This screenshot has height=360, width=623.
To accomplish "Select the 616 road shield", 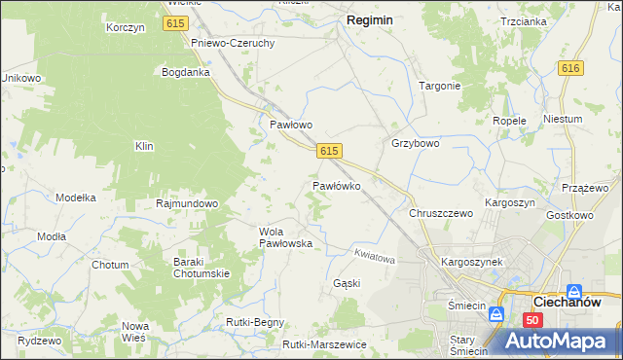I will pos(570,67).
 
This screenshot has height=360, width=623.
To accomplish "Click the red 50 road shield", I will pos(531,319).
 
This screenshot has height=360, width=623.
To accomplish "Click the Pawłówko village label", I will pos(337,185).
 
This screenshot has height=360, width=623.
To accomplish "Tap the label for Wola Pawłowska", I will pos(285,237).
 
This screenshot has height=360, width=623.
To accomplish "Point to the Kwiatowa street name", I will pos(374,260).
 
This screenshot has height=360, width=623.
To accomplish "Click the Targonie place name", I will pos(439,86).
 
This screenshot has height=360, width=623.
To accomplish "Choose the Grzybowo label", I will pos(416,143).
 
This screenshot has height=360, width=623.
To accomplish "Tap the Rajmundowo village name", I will pos(187,204).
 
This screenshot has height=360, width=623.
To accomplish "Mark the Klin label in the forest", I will pos(144,146).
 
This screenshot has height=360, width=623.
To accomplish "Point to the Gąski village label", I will pos(347,283).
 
